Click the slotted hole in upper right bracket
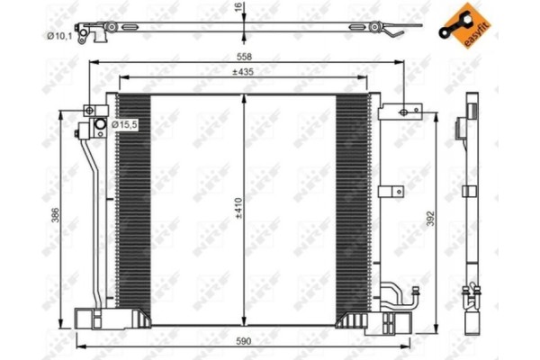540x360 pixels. (x=405, y=112)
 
